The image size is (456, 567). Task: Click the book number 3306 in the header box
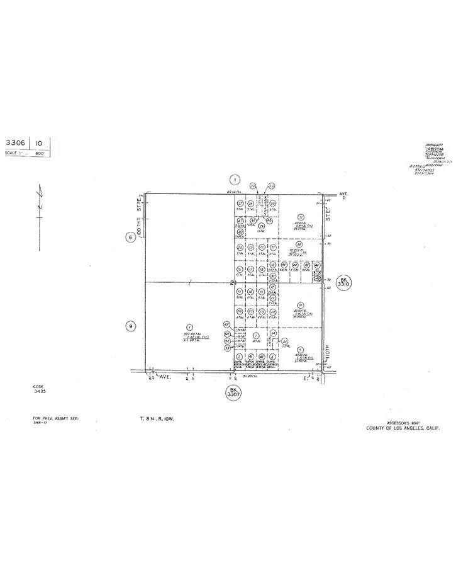(15, 143)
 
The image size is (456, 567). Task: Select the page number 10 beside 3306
(39, 143)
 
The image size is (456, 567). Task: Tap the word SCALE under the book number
(12, 153)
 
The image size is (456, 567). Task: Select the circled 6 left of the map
(130, 237)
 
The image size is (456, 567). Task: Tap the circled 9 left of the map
(130, 326)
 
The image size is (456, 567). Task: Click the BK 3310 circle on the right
(343, 282)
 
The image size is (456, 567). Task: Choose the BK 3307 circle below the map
(233, 393)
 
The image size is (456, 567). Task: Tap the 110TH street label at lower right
(328, 348)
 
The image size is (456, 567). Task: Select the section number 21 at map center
(232, 283)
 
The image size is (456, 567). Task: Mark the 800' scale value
(39, 153)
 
